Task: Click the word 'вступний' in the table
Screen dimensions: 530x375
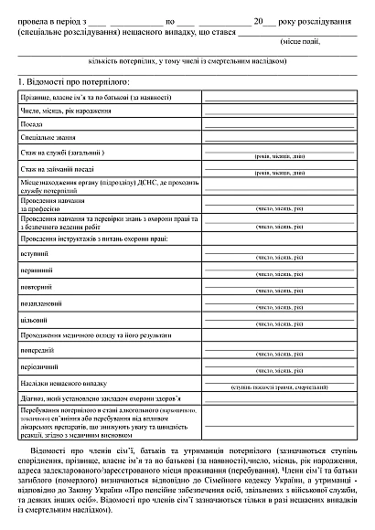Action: click(34, 253)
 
